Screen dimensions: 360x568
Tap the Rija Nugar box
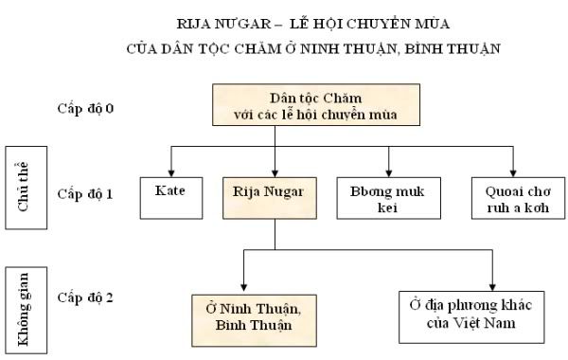275,195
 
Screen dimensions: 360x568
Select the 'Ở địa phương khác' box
470,316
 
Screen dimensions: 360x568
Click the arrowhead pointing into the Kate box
170,171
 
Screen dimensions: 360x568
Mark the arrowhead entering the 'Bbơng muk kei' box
389,171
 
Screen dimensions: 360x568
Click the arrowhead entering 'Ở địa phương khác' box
493,285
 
